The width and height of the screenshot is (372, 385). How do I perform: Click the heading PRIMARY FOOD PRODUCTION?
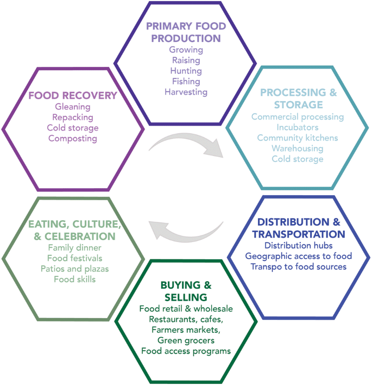pos(186,32)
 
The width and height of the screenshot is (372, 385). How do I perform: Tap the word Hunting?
pos(186,71)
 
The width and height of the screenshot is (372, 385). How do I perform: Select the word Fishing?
pos(186,82)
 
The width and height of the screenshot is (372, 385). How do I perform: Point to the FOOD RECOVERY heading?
pos(73,96)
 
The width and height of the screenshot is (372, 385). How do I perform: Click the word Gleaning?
pos(73,107)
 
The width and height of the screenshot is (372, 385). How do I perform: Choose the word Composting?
pos(73,138)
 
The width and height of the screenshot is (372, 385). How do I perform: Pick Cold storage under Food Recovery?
pos(73,128)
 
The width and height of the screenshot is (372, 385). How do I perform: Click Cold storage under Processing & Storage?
pos(298,159)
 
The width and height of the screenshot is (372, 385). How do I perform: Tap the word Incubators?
pos(298,127)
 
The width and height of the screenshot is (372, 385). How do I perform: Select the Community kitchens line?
pos(298,138)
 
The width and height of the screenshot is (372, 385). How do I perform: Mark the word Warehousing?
pos(298,148)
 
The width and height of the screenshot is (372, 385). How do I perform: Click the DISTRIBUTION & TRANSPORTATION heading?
pos(301,228)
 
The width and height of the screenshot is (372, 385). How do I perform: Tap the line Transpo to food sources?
pos(298,266)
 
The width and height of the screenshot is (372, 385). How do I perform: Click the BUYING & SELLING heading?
pos(185,291)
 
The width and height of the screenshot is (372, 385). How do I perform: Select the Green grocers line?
pos(185,340)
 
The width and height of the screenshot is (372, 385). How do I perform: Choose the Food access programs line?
pos(185,351)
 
